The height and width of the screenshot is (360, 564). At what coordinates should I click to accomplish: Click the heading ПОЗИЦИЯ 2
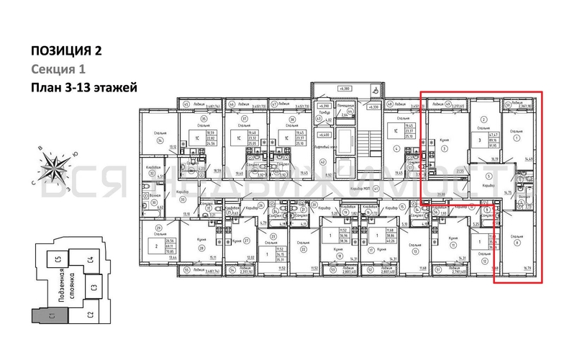(66, 50)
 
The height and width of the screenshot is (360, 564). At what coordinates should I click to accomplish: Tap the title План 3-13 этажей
(83, 88)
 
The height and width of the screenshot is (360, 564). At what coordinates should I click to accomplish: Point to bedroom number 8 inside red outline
(517, 241)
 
